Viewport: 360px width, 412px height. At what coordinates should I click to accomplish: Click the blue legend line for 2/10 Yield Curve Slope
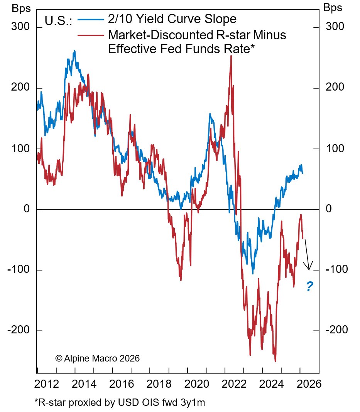(91, 19)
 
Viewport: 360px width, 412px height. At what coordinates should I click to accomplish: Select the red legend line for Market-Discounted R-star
(91, 35)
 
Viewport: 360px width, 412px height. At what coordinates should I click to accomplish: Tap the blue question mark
(309, 286)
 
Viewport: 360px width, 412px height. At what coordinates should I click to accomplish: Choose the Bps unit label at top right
(333, 7)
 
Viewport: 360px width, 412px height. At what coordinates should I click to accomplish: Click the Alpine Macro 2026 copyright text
(97, 358)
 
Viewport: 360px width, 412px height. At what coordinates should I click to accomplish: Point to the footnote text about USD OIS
(120, 403)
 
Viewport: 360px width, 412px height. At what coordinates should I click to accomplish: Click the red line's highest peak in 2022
(231, 56)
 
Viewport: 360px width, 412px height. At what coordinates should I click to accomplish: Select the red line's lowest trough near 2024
(275, 361)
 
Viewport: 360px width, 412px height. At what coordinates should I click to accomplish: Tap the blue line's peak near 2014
(74, 51)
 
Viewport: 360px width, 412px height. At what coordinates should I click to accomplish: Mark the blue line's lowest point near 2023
(253, 273)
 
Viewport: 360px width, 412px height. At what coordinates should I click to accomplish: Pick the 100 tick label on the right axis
(333, 149)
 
